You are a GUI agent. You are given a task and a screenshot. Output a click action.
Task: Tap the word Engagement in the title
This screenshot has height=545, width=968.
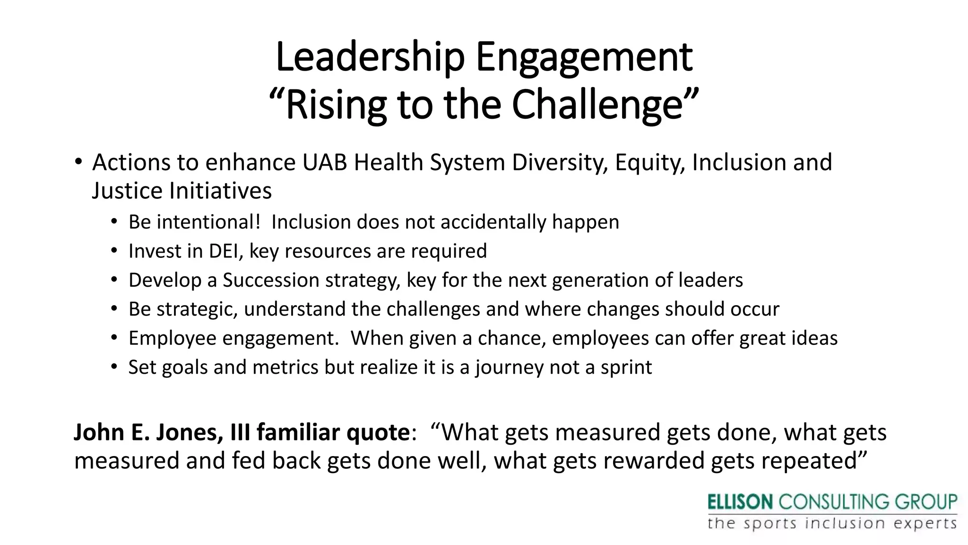click(584, 57)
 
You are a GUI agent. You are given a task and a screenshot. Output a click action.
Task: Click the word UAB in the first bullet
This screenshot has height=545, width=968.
click(324, 162)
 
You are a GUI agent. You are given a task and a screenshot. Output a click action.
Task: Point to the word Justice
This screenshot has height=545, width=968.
click(127, 191)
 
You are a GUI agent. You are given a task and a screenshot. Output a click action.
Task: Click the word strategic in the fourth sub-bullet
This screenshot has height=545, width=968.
click(198, 309)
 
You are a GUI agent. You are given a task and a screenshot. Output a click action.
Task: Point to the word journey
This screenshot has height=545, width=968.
click(510, 368)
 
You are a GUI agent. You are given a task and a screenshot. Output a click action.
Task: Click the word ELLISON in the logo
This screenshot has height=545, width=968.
click(740, 502)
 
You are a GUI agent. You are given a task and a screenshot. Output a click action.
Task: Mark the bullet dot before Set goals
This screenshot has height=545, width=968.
click(114, 368)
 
